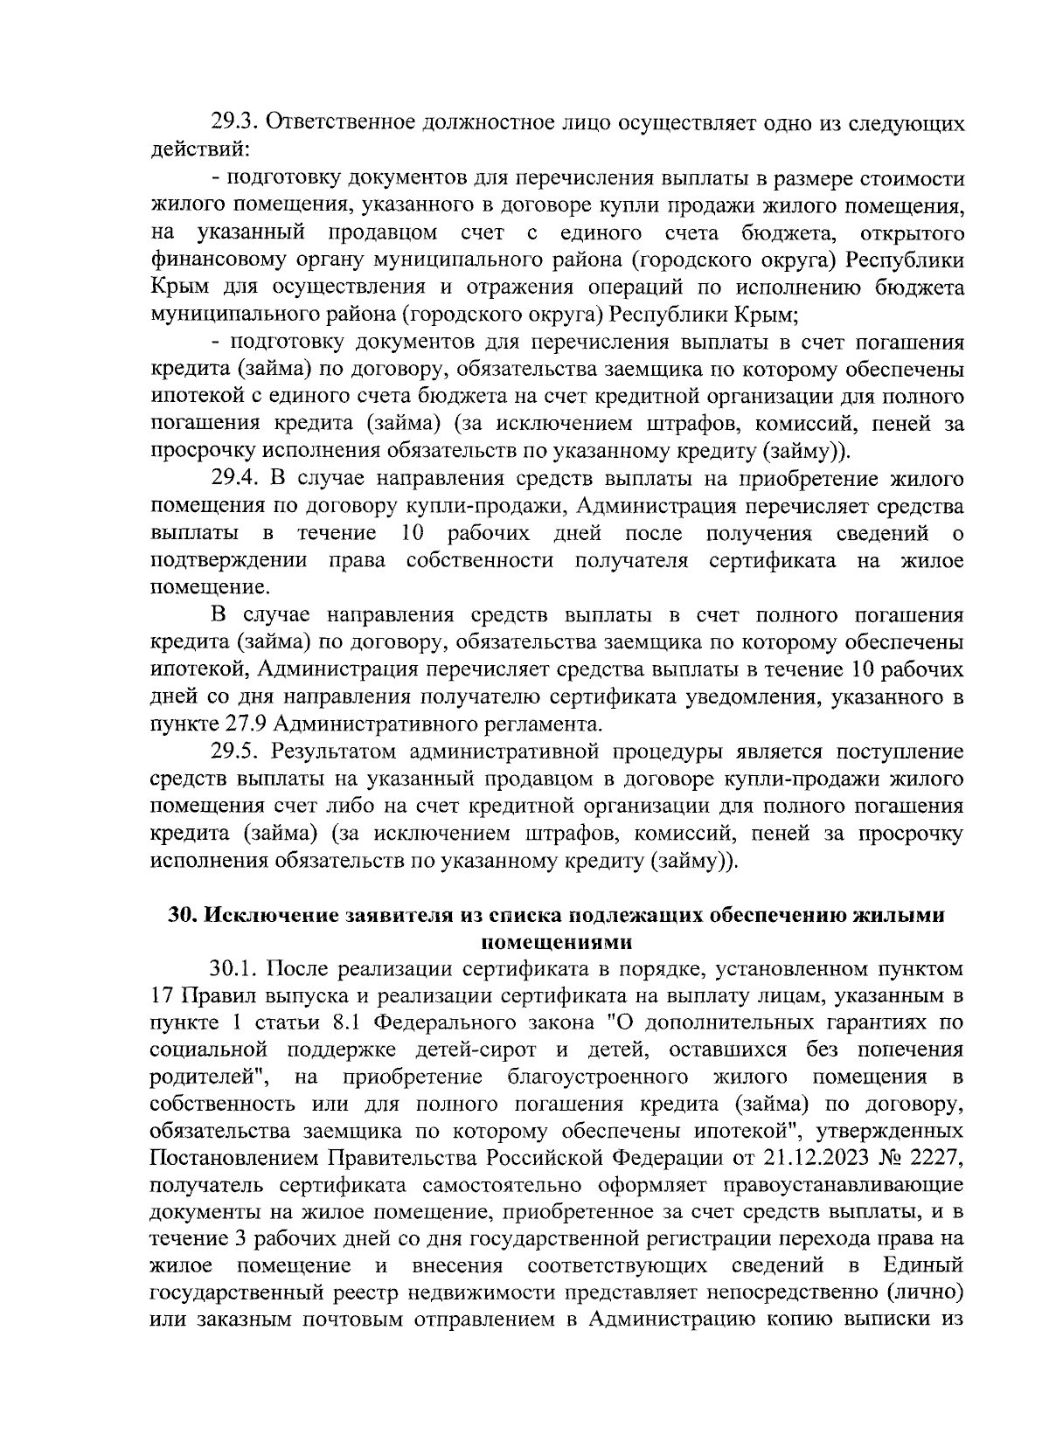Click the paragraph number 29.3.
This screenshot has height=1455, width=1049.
pos(233,123)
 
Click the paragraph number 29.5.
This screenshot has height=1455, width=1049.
pos(233,752)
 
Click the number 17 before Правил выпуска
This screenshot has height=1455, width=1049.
pos(163,995)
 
